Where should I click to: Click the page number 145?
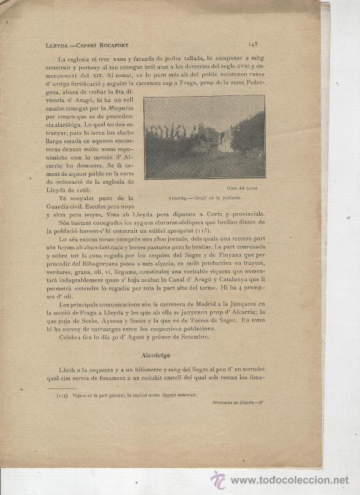255,44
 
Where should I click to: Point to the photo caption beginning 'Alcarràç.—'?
204,197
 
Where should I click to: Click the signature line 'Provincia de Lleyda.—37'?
238,402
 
